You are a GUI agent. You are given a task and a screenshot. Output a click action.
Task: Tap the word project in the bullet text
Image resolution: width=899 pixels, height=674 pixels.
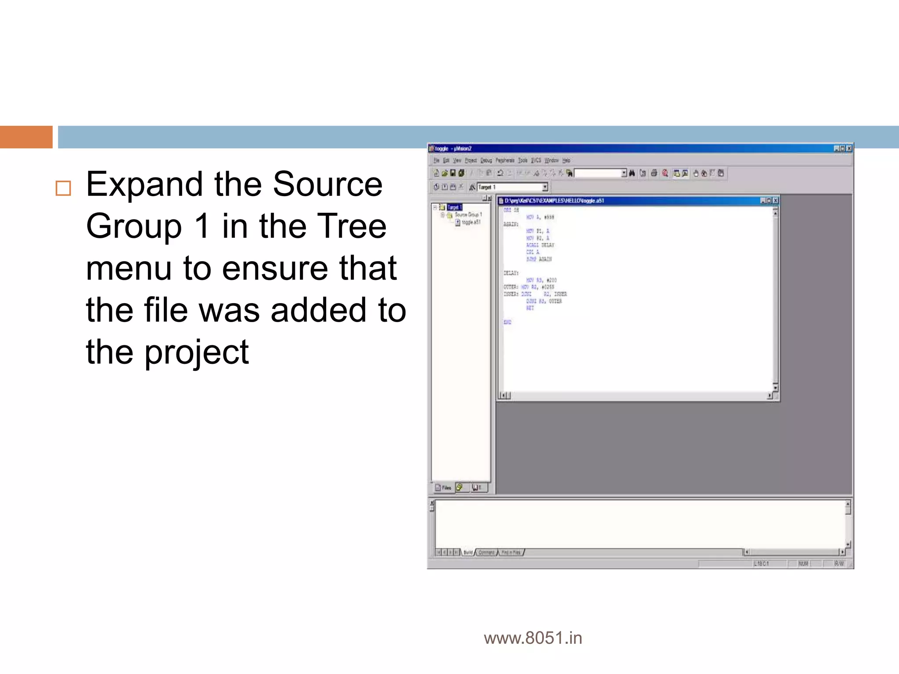(197, 352)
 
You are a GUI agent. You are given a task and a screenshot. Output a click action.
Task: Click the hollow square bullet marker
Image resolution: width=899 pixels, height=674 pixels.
(63, 188)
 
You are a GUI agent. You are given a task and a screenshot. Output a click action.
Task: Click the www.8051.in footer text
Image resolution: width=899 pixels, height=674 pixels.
(533, 638)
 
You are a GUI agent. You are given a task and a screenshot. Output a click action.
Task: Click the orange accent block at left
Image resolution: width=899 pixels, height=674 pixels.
(26, 137)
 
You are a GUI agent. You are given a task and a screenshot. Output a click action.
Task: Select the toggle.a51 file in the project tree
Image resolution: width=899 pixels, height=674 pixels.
(471, 222)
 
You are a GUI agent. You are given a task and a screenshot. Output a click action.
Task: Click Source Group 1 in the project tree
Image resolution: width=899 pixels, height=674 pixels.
(468, 215)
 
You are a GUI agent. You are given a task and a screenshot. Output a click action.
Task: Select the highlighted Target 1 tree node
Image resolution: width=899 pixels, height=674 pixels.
(454, 207)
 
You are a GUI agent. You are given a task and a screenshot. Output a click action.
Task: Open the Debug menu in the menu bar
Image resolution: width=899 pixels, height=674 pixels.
(486, 161)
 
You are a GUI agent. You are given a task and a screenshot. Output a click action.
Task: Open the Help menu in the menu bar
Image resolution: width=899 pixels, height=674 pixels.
(566, 161)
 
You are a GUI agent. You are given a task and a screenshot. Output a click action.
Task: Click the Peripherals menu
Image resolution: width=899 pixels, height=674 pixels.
(505, 161)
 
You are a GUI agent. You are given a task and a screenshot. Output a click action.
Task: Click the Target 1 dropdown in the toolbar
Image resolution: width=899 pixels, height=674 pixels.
(512, 187)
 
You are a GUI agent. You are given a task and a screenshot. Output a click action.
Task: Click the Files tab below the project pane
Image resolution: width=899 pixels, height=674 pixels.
(443, 488)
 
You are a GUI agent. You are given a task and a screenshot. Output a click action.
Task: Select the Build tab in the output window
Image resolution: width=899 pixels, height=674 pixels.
(468, 552)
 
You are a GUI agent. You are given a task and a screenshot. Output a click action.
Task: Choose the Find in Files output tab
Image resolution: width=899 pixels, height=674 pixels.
(511, 552)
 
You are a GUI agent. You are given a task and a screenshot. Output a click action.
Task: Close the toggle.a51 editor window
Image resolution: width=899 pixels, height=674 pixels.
(776, 201)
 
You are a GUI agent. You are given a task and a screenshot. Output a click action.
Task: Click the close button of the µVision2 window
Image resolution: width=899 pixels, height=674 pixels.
(849, 149)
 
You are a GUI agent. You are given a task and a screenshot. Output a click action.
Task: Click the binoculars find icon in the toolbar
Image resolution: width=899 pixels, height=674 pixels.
(632, 173)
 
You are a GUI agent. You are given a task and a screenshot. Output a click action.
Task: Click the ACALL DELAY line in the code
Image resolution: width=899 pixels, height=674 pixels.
(540, 245)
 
